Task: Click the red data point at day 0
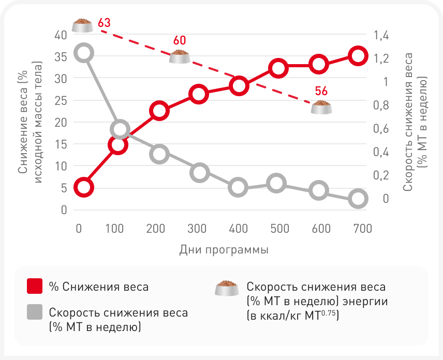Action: coord(84,187)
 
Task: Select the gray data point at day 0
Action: coord(84,53)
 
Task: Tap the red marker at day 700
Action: coord(358,55)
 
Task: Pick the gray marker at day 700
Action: coord(358,199)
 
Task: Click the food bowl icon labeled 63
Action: coord(83,25)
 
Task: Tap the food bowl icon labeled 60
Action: coord(180,56)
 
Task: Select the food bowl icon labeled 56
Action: coord(321,107)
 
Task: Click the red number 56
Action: coord(321,92)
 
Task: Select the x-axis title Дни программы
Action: coord(224,250)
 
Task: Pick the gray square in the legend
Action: coord(34,312)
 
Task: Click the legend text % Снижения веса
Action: coord(98,287)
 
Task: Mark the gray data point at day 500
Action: coord(277,183)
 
